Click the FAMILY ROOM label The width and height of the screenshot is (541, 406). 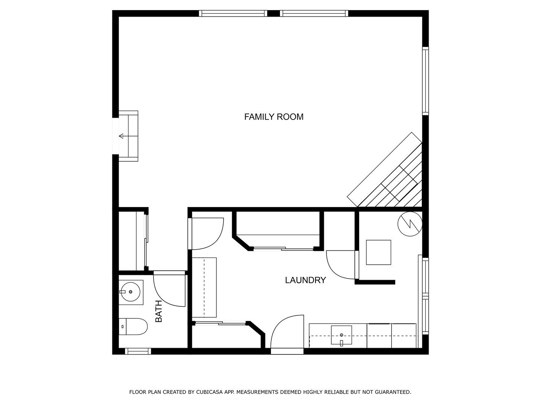[x=274, y=117]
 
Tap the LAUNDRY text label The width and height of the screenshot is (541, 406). [x=305, y=280]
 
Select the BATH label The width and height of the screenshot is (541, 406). [x=159, y=311]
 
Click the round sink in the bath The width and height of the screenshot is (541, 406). [x=130, y=292]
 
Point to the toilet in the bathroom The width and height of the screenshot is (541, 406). [x=134, y=327]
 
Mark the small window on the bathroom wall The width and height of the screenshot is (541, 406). [x=138, y=351]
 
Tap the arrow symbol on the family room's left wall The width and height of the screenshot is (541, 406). [x=121, y=136]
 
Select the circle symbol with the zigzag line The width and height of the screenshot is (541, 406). [x=410, y=224]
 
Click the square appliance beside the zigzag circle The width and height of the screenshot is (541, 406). [x=378, y=252]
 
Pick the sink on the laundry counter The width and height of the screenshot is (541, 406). [x=341, y=335]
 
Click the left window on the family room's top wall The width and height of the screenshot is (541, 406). [x=233, y=14]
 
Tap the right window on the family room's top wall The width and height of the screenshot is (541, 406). [x=314, y=14]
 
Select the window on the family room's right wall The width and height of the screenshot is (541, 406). [x=425, y=81]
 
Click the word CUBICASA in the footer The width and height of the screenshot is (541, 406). [x=210, y=392]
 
